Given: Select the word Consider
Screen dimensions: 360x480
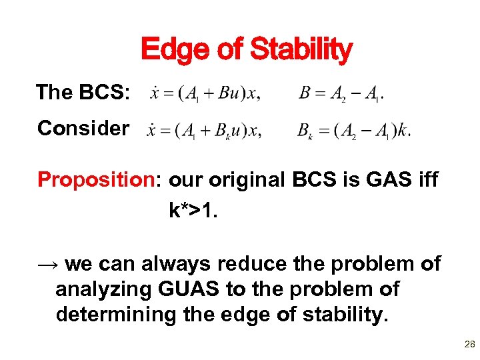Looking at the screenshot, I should [x=83, y=128].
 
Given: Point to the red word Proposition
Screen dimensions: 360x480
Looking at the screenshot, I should [x=99, y=180].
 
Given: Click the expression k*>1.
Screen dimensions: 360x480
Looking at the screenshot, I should [x=194, y=211].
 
